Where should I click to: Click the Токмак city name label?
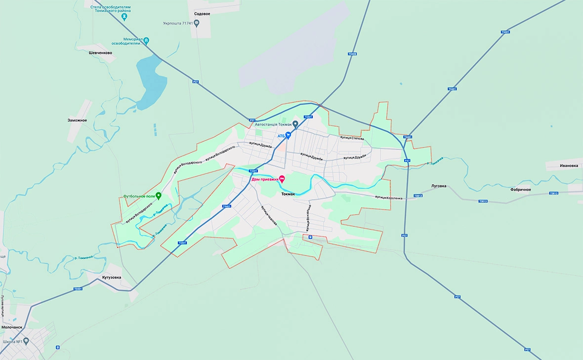[288, 194]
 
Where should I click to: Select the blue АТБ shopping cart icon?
[288, 135]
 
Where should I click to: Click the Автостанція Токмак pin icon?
[295, 124]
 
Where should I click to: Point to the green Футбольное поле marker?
[158, 196]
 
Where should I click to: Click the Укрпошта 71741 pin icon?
[197, 23]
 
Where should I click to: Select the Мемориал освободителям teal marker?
[146, 40]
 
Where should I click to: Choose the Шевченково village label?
[101, 53]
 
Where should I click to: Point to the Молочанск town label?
[12, 327]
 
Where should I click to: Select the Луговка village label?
[439, 186]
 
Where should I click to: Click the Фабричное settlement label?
[521, 189]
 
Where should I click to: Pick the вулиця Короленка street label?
[388, 198]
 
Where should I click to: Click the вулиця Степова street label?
[354, 139]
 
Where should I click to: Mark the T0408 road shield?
[352, 54]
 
